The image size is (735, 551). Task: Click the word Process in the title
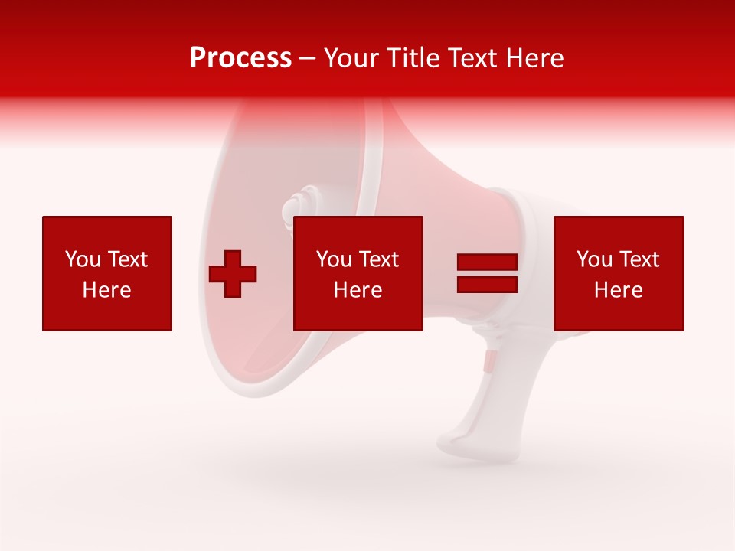(240, 58)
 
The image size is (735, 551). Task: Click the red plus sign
(233, 274)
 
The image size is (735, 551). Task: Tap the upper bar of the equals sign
(487, 262)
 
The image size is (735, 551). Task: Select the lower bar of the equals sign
(487, 284)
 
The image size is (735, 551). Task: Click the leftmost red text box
(107, 273)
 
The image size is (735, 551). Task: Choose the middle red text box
(358, 273)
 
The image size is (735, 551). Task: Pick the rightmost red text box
(619, 273)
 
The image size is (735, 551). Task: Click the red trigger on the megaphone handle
(488, 361)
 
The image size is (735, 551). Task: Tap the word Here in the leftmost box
(107, 290)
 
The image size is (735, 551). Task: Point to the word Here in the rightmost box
(619, 290)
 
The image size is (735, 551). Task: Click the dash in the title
(307, 58)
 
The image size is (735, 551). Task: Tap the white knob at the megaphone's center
(296, 207)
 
